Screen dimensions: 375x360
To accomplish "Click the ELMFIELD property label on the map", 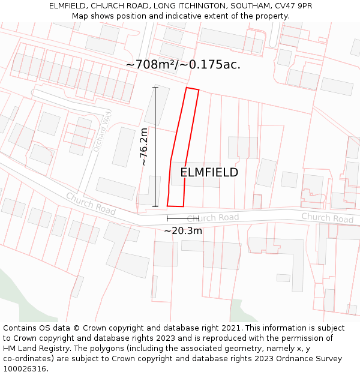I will [x=209, y=172].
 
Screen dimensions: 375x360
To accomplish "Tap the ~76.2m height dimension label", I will [x=144, y=146].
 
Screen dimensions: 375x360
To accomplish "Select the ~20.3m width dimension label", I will [x=183, y=230].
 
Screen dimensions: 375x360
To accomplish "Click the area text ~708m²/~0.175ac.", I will [x=183, y=65].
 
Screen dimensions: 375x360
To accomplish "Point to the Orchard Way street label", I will [x=103, y=131].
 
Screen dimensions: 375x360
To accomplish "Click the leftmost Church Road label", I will [x=91, y=203].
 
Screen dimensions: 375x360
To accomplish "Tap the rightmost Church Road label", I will [x=327, y=217].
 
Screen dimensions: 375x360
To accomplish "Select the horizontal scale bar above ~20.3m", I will [x=183, y=218].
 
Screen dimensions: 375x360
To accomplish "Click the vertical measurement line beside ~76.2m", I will [x=155, y=147].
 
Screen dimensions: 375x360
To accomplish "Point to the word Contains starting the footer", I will [x=20, y=328].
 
